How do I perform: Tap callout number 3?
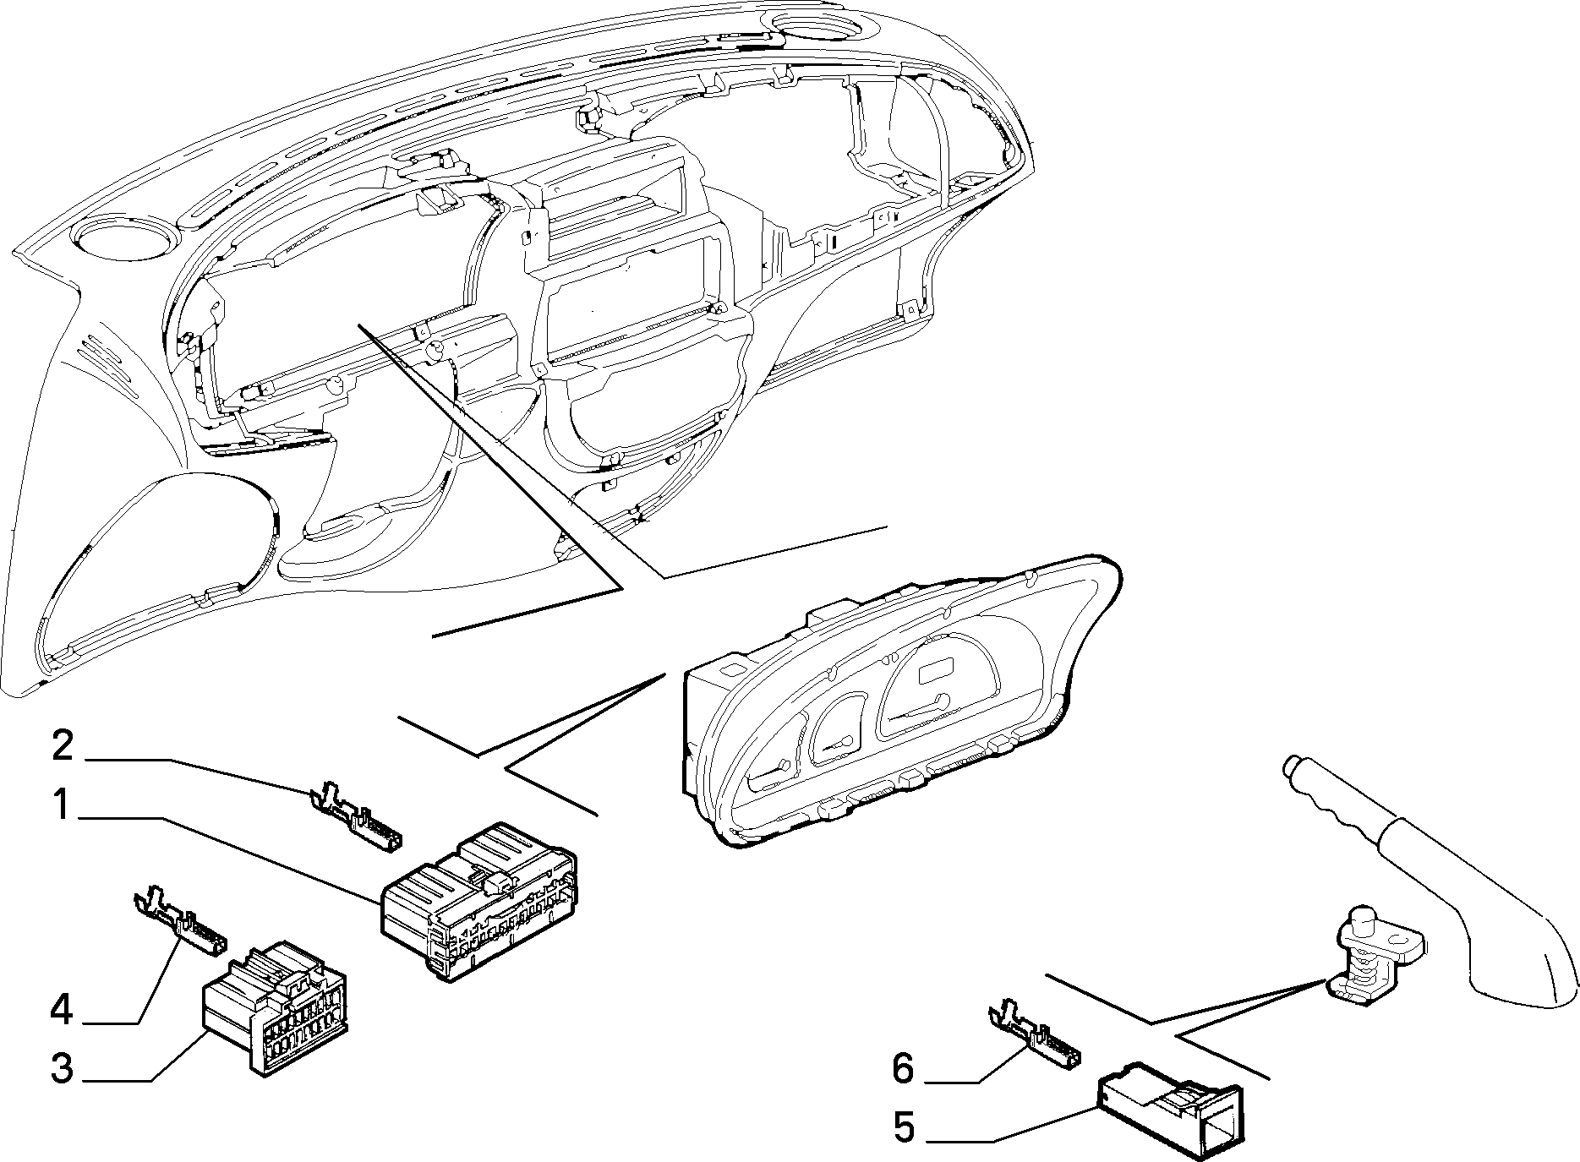point(62,1068)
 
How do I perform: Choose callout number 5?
point(905,1128)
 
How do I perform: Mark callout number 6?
point(904,1069)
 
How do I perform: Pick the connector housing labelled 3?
point(276,1009)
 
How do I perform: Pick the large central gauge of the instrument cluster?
point(938,684)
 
